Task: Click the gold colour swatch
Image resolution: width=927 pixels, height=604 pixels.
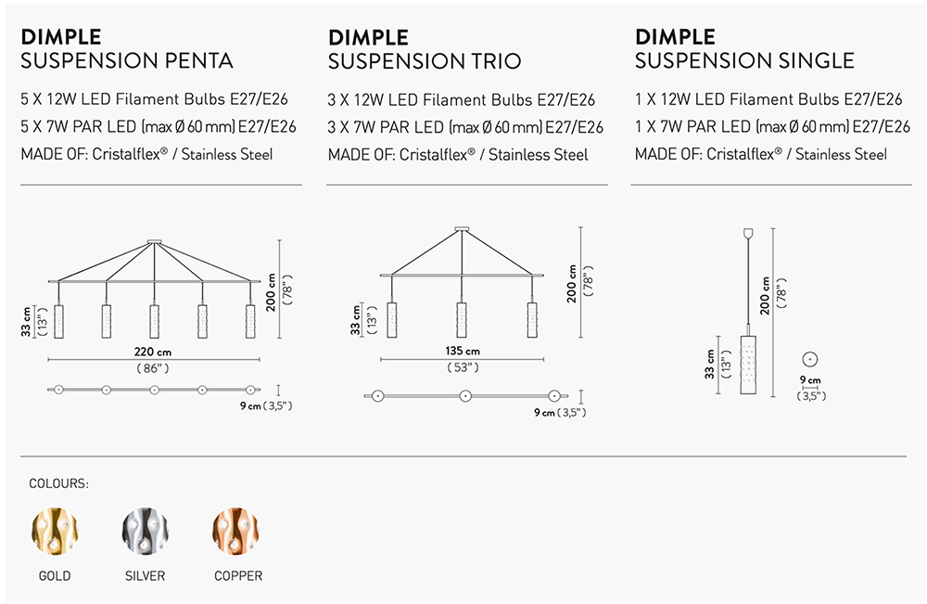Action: (x=55, y=531)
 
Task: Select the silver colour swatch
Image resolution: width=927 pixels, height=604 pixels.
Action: (x=145, y=531)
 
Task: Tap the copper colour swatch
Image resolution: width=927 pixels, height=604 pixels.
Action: (x=235, y=531)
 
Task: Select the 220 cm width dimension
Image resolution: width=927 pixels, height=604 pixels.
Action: (x=153, y=352)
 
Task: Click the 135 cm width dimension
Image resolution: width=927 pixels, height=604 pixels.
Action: (x=463, y=351)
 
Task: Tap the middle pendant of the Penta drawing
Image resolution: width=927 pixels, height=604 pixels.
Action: (x=154, y=321)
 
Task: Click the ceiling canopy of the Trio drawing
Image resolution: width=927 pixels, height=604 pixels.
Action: (x=462, y=229)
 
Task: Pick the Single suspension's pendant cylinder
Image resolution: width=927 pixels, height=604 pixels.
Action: (x=748, y=365)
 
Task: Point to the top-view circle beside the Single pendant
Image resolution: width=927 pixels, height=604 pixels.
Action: (x=810, y=359)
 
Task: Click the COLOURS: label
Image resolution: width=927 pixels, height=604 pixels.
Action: (x=58, y=484)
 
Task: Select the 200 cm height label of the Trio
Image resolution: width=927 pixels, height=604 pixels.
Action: (x=572, y=283)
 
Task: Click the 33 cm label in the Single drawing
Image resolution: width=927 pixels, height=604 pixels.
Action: (x=710, y=364)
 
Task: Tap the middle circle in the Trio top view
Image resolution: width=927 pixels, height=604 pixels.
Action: (x=465, y=396)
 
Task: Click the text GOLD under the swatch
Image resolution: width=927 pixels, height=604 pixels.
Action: (x=55, y=575)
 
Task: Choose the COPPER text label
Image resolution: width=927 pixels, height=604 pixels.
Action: (x=238, y=575)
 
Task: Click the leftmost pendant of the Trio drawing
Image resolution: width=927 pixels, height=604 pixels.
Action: (x=392, y=320)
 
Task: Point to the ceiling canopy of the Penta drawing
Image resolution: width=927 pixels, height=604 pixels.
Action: (x=154, y=241)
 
